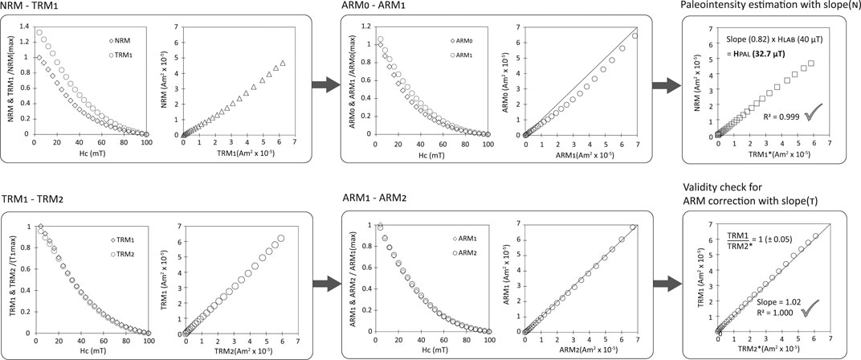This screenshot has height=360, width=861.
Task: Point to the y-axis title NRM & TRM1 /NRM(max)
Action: tap(9, 86)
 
